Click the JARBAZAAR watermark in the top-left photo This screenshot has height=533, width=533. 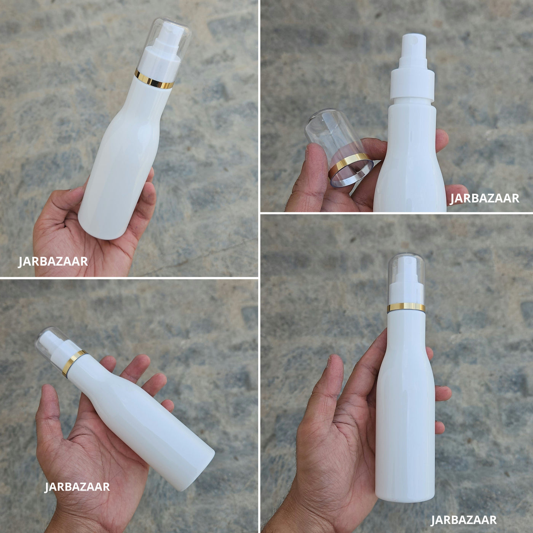53,262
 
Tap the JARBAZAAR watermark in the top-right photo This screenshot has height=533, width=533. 484,198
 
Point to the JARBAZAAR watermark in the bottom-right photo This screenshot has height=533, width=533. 464,520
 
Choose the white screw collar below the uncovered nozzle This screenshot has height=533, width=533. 412,85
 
